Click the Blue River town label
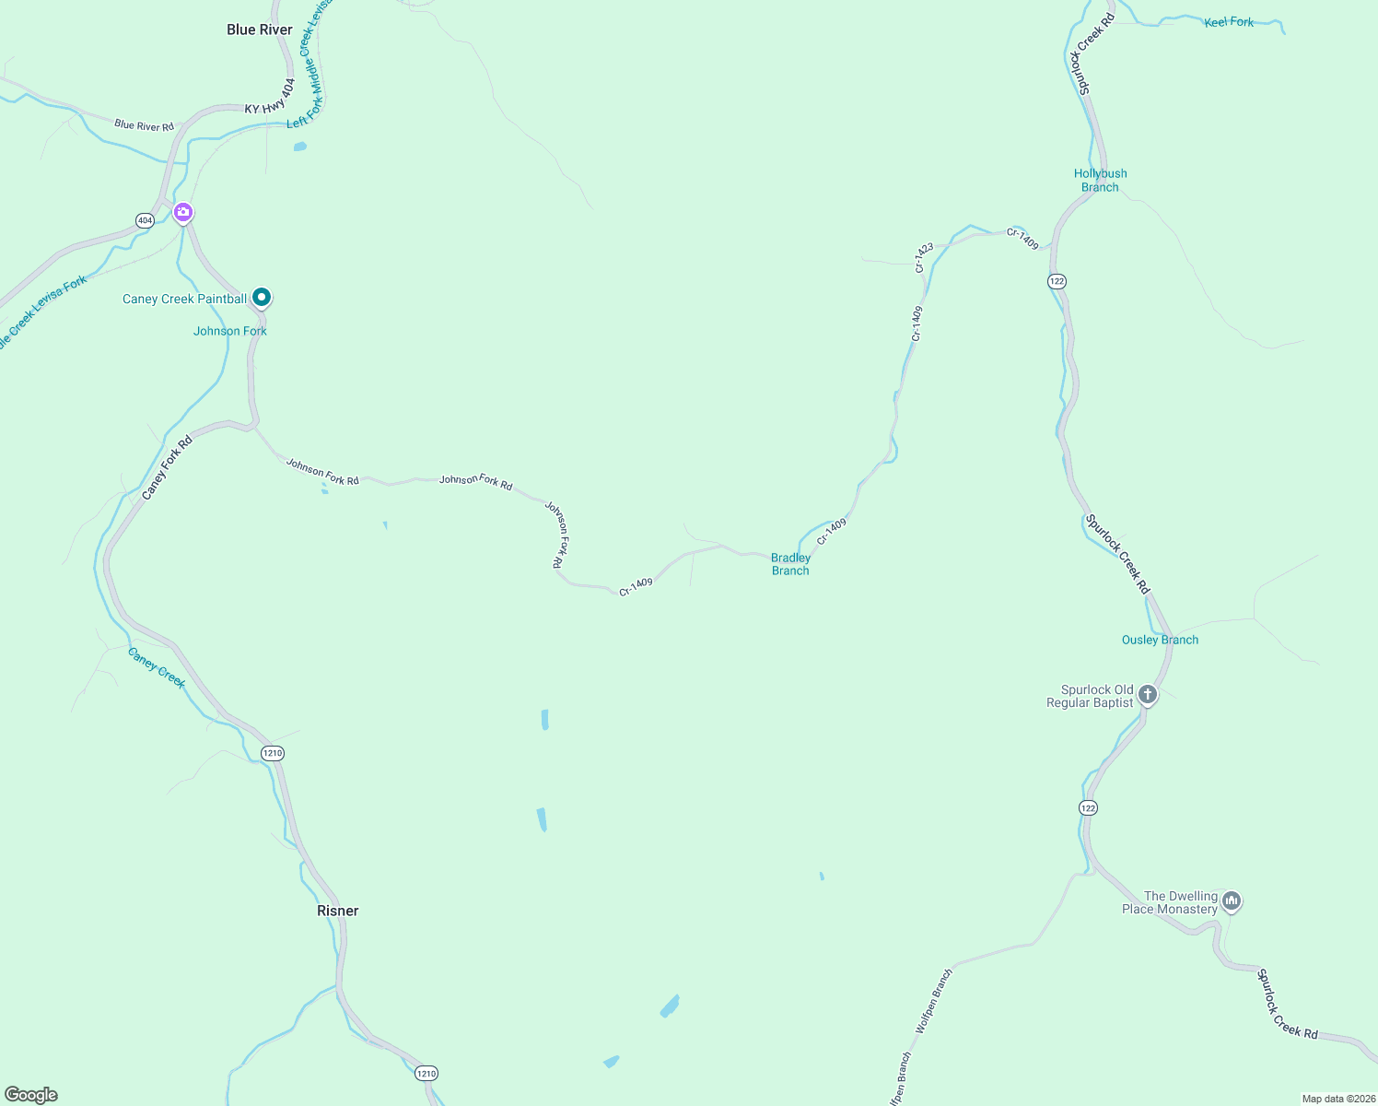pyautogui.click(x=260, y=30)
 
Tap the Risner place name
pyautogui.click(x=338, y=911)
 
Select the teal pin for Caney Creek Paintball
pyautogui.click(x=262, y=297)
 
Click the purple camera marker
pyautogui.click(x=183, y=213)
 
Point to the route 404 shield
pyautogui.click(x=145, y=220)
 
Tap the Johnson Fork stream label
pyautogui.click(x=230, y=331)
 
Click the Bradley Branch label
pyautogui.click(x=790, y=564)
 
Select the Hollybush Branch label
pyautogui.click(x=1100, y=180)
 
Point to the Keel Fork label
pyautogui.click(x=1229, y=22)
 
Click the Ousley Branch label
pyautogui.click(x=1160, y=640)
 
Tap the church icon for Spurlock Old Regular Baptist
pyautogui.click(x=1147, y=694)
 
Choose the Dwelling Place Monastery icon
pyautogui.click(x=1232, y=901)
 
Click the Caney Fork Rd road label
pyautogui.click(x=167, y=468)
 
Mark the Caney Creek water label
pyautogui.click(x=157, y=667)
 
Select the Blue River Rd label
pyautogui.click(x=144, y=125)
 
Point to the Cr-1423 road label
pyautogui.click(x=924, y=257)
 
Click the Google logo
pyautogui.click(x=31, y=1095)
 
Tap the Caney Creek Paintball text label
pyautogui.click(x=184, y=299)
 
